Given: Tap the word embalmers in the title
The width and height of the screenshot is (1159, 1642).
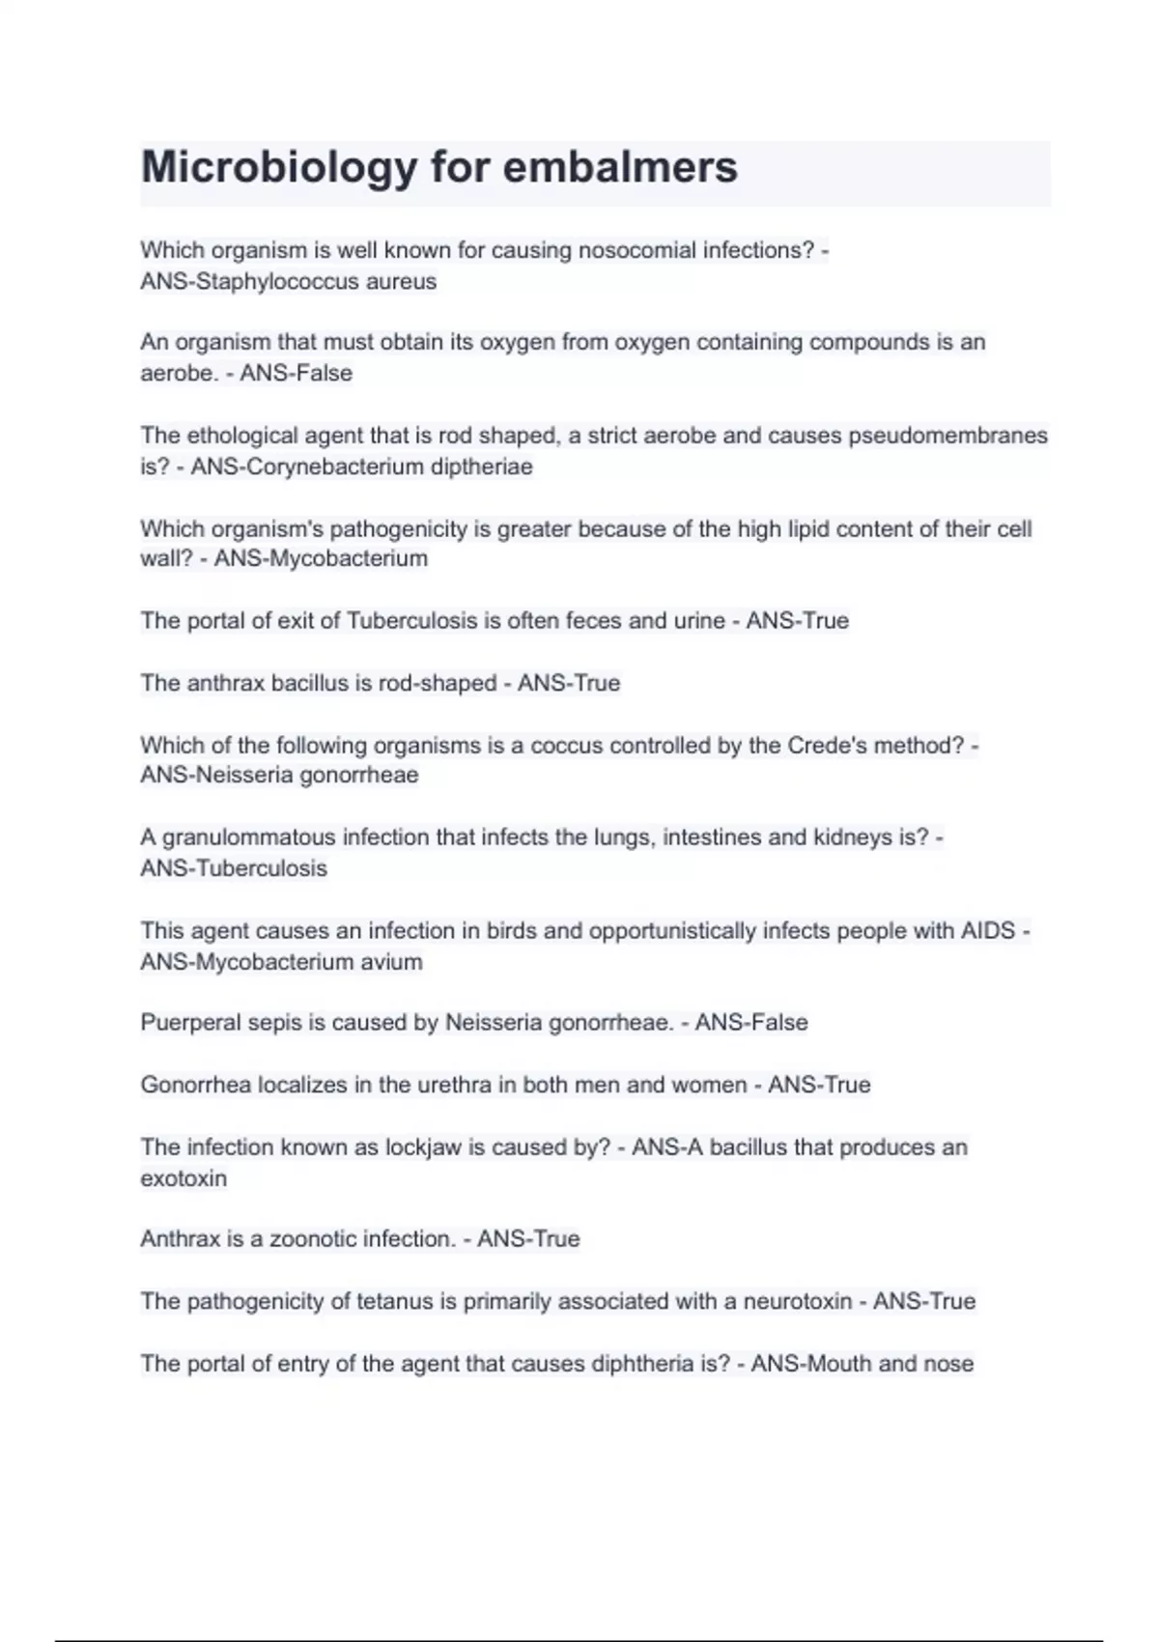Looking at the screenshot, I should pyautogui.click(x=620, y=168).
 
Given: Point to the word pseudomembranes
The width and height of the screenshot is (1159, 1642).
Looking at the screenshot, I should pyautogui.click(x=947, y=436).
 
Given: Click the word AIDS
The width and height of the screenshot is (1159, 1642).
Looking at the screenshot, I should pyautogui.click(x=988, y=931).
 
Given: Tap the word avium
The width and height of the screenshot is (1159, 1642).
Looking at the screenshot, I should pyautogui.click(x=391, y=962).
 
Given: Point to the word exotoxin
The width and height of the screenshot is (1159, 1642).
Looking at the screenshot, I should pyautogui.click(x=184, y=1178).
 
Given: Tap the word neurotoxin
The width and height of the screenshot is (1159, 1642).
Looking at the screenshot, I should pyautogui.click(x=797, y=1302).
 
